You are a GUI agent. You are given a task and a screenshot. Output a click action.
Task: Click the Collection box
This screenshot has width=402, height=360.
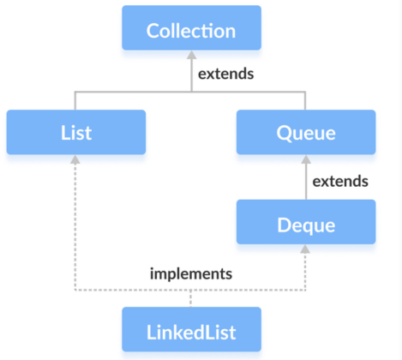tap(191, 27)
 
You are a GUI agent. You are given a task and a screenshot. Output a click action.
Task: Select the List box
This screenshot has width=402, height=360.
tap(76, 132)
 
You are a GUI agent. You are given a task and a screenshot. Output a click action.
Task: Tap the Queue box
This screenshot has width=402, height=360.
tap(306, 132)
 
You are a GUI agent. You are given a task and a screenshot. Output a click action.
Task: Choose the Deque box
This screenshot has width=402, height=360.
tap(306, 222)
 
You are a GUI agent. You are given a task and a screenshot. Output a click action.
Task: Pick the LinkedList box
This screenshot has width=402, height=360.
tap(191, 329)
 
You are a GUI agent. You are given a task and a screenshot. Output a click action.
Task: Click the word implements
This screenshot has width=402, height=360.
tap(191, 274)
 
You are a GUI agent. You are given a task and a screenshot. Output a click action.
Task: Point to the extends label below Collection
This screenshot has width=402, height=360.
tap(225, 74)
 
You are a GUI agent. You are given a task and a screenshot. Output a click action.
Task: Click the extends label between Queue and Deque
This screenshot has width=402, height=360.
tap(340, 181)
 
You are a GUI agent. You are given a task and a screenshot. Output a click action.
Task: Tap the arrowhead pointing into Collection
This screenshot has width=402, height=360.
tap(191, 55)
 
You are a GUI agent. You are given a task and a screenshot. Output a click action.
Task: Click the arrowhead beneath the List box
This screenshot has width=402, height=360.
tap(75, 159)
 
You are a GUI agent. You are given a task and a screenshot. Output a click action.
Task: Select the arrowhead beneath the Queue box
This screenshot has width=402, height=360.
tap(306, 159)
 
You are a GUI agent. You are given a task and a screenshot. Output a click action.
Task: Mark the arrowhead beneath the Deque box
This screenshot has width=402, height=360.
tap(305, 249)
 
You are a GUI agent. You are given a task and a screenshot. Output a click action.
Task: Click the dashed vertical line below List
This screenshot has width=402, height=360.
tap(75, 227)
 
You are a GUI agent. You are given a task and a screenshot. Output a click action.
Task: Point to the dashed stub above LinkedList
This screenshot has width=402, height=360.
tap(190, 298)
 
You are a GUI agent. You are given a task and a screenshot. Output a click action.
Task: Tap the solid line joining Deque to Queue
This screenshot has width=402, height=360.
tap(306, 182)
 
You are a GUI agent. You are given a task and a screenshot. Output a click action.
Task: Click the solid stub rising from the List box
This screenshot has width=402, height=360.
tap(75, 100)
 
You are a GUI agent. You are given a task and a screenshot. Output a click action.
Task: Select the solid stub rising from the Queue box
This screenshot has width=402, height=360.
tap(305, 100)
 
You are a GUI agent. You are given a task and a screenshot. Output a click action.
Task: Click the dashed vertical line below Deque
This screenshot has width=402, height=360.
tap(305, 272)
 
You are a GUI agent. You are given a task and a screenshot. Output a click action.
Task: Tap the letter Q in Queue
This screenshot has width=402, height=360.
tap(283, 134)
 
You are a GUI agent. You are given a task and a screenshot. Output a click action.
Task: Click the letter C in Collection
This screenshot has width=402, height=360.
tap(153, 31)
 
